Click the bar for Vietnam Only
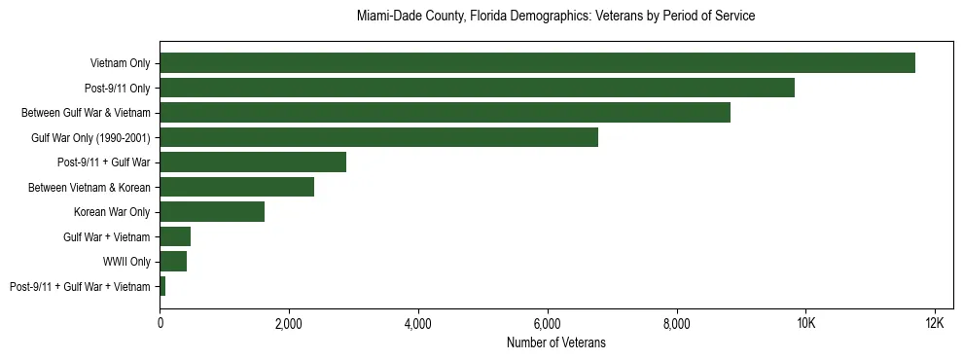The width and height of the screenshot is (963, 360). point(537,63)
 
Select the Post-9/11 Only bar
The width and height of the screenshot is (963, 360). point(477,88)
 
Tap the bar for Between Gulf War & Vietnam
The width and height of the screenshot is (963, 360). point(445,113)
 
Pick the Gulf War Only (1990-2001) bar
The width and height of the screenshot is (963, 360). point(378,137)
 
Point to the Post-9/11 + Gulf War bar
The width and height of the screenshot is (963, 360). point(253,162)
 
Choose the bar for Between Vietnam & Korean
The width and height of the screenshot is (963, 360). point(236,187)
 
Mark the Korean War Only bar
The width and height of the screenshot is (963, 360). point(212,212)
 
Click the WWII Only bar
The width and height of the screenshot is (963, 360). point(173,262)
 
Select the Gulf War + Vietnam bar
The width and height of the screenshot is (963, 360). point(175,236)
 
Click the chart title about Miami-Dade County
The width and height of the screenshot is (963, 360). point(555,17)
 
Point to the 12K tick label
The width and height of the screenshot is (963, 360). point(935,323)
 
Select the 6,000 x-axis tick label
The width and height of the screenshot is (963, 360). point(548,323)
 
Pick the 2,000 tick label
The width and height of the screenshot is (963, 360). point(289,323)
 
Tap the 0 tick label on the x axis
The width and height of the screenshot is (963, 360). point(160,323)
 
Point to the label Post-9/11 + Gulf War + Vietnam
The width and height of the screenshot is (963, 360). point(80,286)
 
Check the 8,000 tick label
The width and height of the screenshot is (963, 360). point(676,323)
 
